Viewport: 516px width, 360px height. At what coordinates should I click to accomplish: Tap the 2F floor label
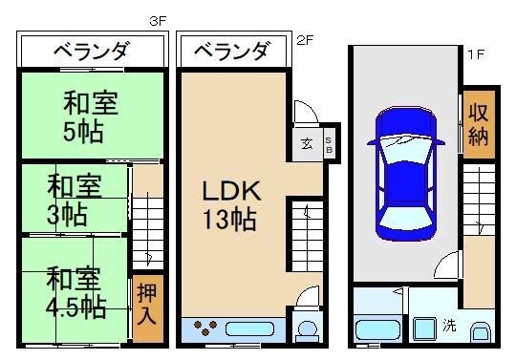coord(305,40)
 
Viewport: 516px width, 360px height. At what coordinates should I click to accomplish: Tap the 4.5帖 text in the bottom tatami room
coord(75,307)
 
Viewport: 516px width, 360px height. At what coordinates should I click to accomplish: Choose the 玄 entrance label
coord(307,144)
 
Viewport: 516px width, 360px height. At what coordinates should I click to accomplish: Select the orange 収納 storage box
coord(478,123)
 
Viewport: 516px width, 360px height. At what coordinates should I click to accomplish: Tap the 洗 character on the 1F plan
coord(449,325)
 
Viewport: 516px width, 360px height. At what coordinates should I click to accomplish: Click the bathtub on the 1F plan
coord(376,330)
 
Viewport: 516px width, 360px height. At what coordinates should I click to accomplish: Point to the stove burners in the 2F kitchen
coord(205,329)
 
